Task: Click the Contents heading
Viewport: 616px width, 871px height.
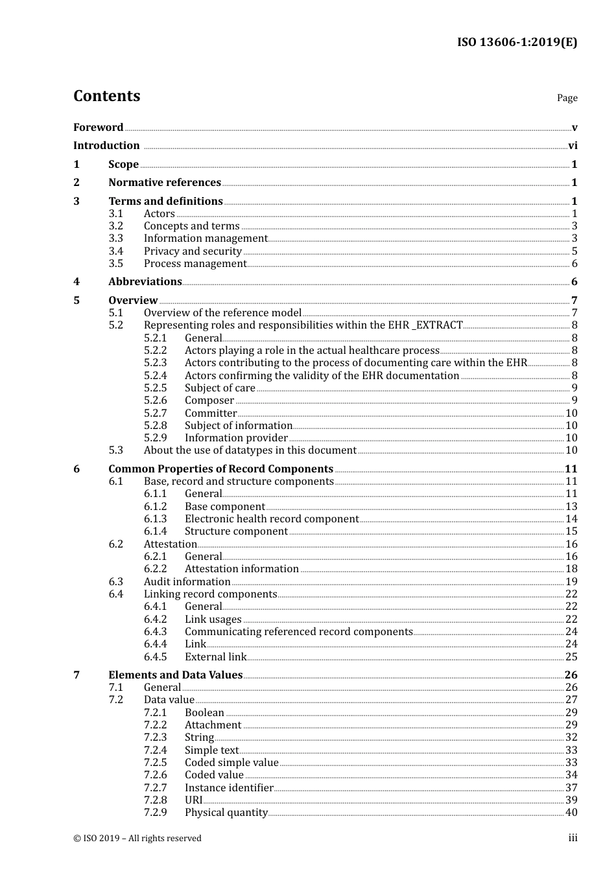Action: pos(106,96)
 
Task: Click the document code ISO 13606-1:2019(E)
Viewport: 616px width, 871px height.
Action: pos(517,43)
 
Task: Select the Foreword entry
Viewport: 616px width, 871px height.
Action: pos(98,128)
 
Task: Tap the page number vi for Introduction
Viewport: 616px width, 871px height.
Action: pos(573,146)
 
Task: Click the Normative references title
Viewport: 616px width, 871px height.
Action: pos(165,183)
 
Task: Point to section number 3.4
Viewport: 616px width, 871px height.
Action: pos(115,251)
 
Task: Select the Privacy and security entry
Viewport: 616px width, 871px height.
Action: pos(193,251)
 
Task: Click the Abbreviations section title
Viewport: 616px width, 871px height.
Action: pos(145,282)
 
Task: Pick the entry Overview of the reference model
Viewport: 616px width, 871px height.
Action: pos(222,313)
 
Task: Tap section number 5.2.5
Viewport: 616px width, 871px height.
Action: pos(155,388)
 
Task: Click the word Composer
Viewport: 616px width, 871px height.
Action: pos(209,401)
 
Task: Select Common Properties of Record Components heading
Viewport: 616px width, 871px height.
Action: pos(220,469)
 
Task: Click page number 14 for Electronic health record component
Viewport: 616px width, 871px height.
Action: pos(571,519)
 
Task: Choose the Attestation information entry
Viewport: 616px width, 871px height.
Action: pos(241,569)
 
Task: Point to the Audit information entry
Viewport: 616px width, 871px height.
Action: pos(187,582)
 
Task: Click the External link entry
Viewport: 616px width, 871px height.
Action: pos(215,657)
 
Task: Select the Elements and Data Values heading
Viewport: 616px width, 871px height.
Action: pos(175,675)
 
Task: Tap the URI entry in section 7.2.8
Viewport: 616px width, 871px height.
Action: pos(193,800)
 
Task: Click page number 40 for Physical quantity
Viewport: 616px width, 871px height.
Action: pos(571,813)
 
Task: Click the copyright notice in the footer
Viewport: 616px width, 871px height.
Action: pos(137,839)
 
